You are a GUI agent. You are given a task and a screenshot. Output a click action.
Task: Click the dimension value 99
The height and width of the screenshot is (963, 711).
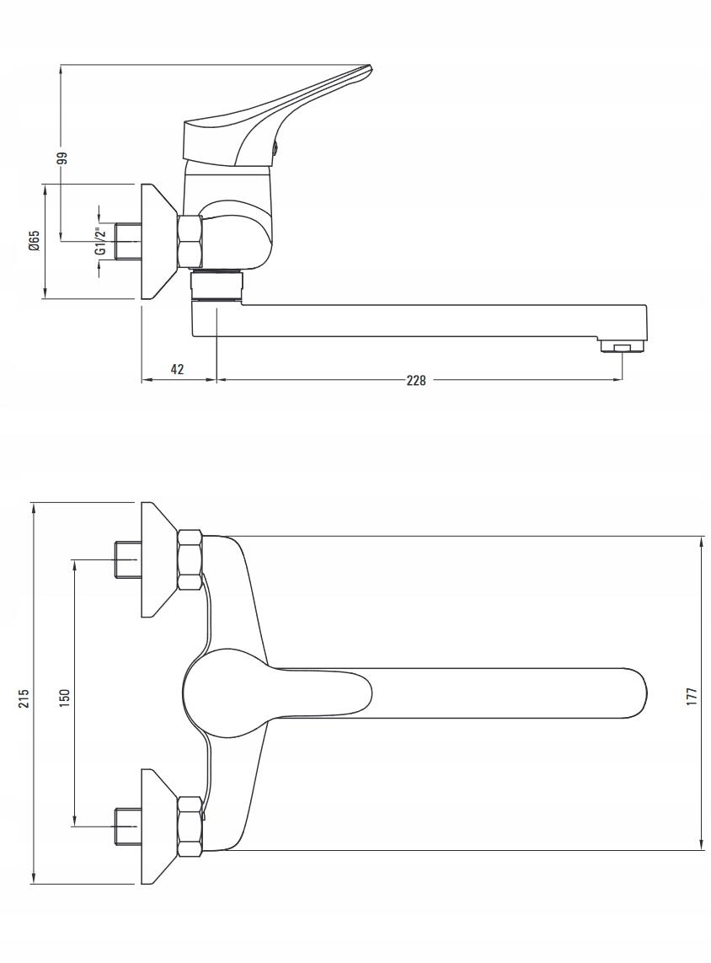pyautogui.click(x=61, y=158)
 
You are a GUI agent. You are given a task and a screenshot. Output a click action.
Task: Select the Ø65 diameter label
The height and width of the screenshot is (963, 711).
pyautogui.click(x=35, y=240)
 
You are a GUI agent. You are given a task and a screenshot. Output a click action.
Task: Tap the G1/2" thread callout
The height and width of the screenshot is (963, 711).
pyautogui.click(x=102, y=241)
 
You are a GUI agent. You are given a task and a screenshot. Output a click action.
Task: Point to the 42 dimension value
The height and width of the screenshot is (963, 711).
pyautogui.click(x=177, y=368)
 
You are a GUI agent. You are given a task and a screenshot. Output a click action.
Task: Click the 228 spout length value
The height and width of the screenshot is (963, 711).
pyautogui.click(x=415, y=380)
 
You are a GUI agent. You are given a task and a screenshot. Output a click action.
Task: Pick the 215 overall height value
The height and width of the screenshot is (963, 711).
pyautogui.click(x=24, y=698)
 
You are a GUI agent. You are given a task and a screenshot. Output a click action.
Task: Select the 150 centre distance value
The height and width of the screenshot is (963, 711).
pyautogui.click(x=65, y=697)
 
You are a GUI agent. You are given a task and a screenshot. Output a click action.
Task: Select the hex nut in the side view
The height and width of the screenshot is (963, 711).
pyautogui.click(x=190, y=241)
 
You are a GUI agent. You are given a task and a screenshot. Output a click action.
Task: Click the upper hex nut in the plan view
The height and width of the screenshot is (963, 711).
pyautogui.click(x=190, y=560)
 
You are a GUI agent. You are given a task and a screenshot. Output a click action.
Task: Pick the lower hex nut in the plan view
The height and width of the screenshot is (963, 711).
pyautogui.click(x=190, y=826)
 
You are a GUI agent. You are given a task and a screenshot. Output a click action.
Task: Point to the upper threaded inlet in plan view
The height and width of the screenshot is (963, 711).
pyautogui.click(x=128, y=559)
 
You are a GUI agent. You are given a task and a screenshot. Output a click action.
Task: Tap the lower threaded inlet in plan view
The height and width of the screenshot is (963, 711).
pyautogui.click(x=128, y=827)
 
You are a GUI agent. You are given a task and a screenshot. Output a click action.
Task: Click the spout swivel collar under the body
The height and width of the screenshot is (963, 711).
pyautogui.click(x=217, y=286)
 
